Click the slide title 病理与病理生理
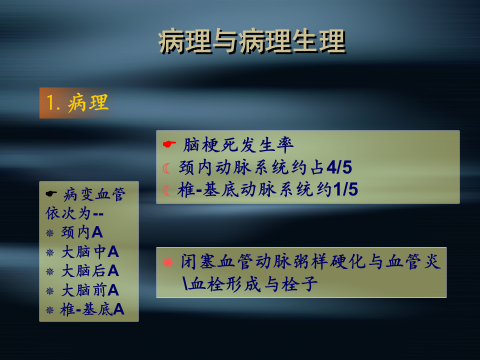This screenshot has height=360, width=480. (x=252, y=42)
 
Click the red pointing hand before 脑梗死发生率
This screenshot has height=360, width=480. (x=170, y=144)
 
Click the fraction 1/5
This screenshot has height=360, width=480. (x=345, y=190)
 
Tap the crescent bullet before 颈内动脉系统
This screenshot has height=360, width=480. (x=167, y=168)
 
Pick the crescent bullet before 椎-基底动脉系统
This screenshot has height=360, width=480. (x=167, y=190)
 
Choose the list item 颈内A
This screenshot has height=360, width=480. (x=82, y=232)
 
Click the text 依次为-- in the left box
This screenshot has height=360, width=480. (x=74, y=213)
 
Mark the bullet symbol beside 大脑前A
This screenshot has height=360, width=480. (x=49, y=290)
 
